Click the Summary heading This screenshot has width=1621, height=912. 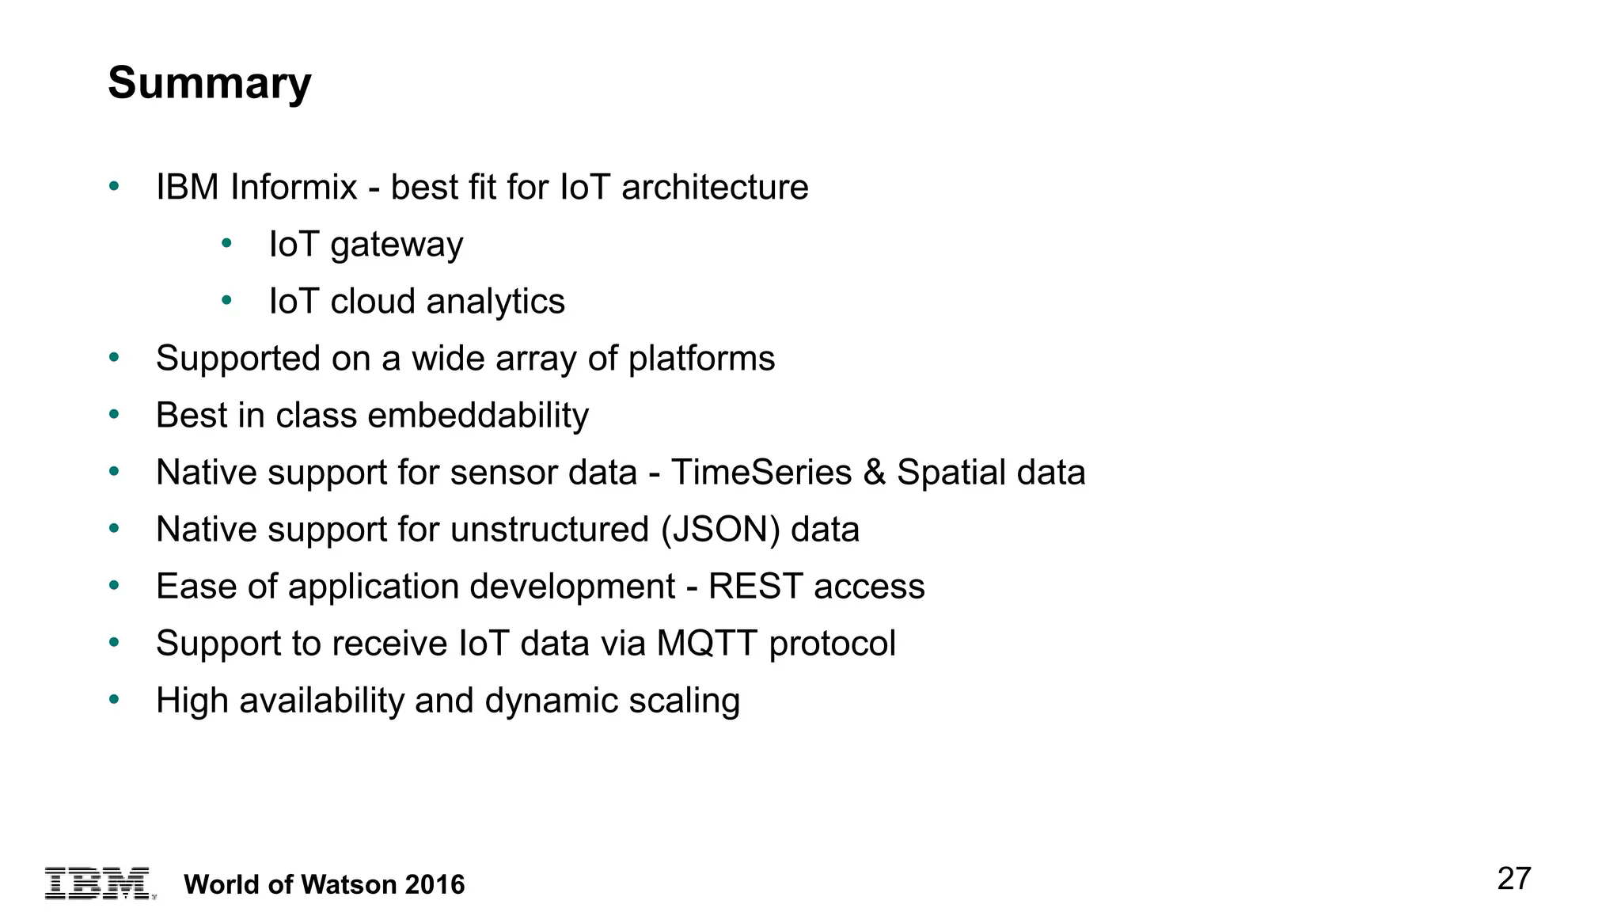click(210, 83)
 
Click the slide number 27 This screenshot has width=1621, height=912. click(1513, 879)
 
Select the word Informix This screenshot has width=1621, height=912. click(294, 188)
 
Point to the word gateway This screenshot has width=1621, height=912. click(397, 245)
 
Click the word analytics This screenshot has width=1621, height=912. click(495, 302)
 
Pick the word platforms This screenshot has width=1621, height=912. click(701, 359)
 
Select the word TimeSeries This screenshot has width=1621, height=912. click(761, 473)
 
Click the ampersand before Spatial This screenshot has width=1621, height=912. click(874, 473)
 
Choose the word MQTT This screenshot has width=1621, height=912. click(707, 644)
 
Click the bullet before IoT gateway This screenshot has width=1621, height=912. click(226, 243)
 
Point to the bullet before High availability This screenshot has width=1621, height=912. click(114, 699)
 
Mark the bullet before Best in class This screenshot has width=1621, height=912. click(114, 414)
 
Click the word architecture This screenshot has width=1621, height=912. click(715, 188)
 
